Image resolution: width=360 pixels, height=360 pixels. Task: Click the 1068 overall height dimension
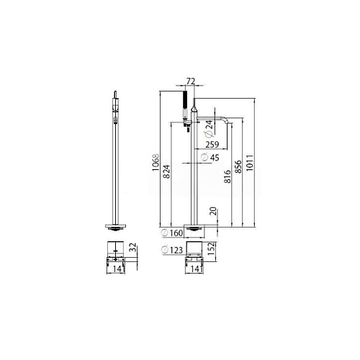click(156, 163)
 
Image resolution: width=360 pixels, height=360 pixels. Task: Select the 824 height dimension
click(166, 171)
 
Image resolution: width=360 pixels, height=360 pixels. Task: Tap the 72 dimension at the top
click(191, 81)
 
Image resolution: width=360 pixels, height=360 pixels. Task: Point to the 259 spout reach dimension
click(212, 145)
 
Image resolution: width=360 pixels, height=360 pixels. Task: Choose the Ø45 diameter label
click(210, 158)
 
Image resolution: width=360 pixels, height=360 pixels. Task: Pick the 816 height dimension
click(227, 176)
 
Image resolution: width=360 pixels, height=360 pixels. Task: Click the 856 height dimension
click(238, 166)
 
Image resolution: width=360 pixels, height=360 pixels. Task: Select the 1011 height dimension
click(250, 163)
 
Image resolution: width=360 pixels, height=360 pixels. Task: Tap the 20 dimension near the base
click(213, 211)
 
